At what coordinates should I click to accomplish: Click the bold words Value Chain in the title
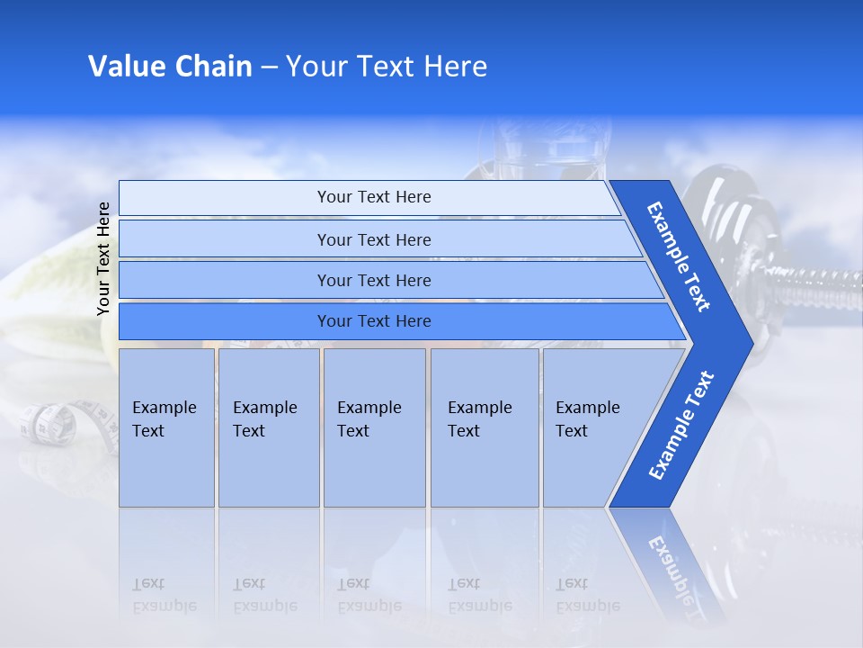(170, 67)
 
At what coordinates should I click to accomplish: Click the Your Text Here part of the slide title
(387, 67)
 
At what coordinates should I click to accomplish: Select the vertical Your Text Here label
(104, 258)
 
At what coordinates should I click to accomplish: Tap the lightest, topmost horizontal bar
(373, 197)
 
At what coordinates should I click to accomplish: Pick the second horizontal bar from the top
(373, 239)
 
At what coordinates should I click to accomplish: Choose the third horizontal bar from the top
(373, 280)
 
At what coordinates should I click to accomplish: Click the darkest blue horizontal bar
(373, 321)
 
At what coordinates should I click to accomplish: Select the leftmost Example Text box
(166, 427)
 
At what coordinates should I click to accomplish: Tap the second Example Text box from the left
(268, 427)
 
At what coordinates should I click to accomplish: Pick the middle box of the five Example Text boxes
(374, 427)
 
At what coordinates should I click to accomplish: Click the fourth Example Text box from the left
(485, 427)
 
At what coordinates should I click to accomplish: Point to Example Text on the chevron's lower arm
(681, 426)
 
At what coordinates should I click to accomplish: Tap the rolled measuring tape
(49, 423)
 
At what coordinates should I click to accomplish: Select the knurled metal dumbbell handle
(814, 286)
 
